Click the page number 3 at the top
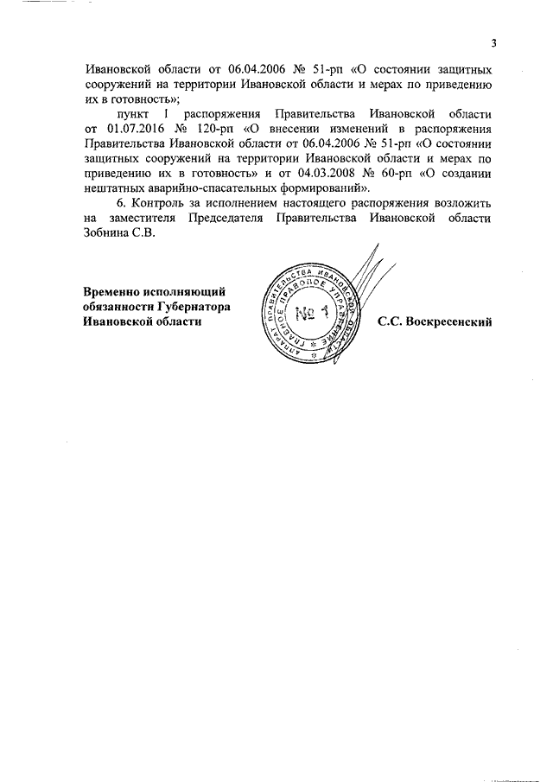[493, 43]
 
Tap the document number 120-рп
[211, 128]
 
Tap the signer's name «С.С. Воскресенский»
[434, 322]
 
